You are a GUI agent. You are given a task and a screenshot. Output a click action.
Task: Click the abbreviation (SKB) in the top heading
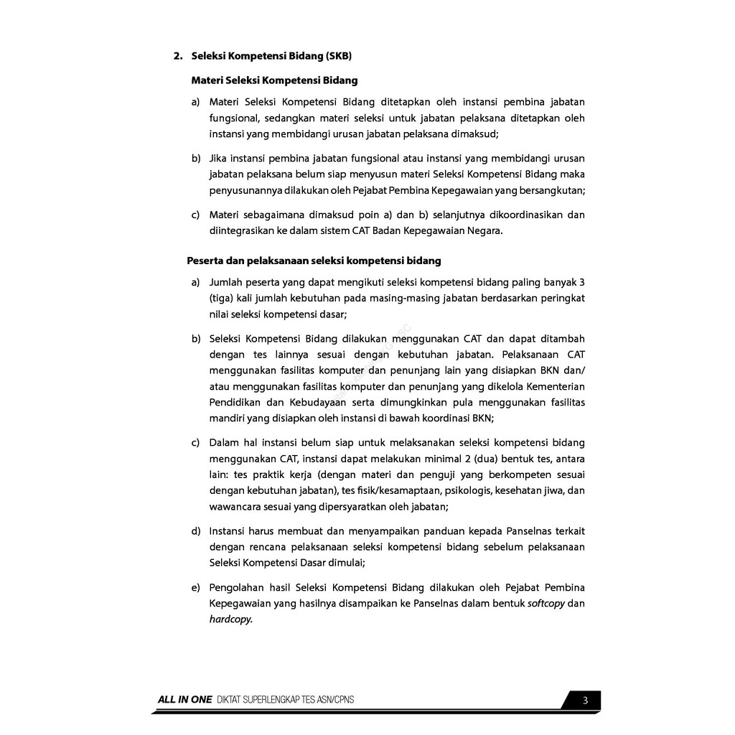point(339,55)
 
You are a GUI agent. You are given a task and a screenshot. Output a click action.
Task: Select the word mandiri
point(226,418)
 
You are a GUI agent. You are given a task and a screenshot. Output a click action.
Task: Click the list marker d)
point(195,531)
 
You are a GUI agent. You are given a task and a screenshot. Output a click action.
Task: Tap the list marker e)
point(195,587)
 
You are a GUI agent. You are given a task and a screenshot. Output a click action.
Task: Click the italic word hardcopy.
point(230,619)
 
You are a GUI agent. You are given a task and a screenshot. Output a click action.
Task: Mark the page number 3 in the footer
point(585,701)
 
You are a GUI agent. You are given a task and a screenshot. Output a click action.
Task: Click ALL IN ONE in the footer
point(185,701)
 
